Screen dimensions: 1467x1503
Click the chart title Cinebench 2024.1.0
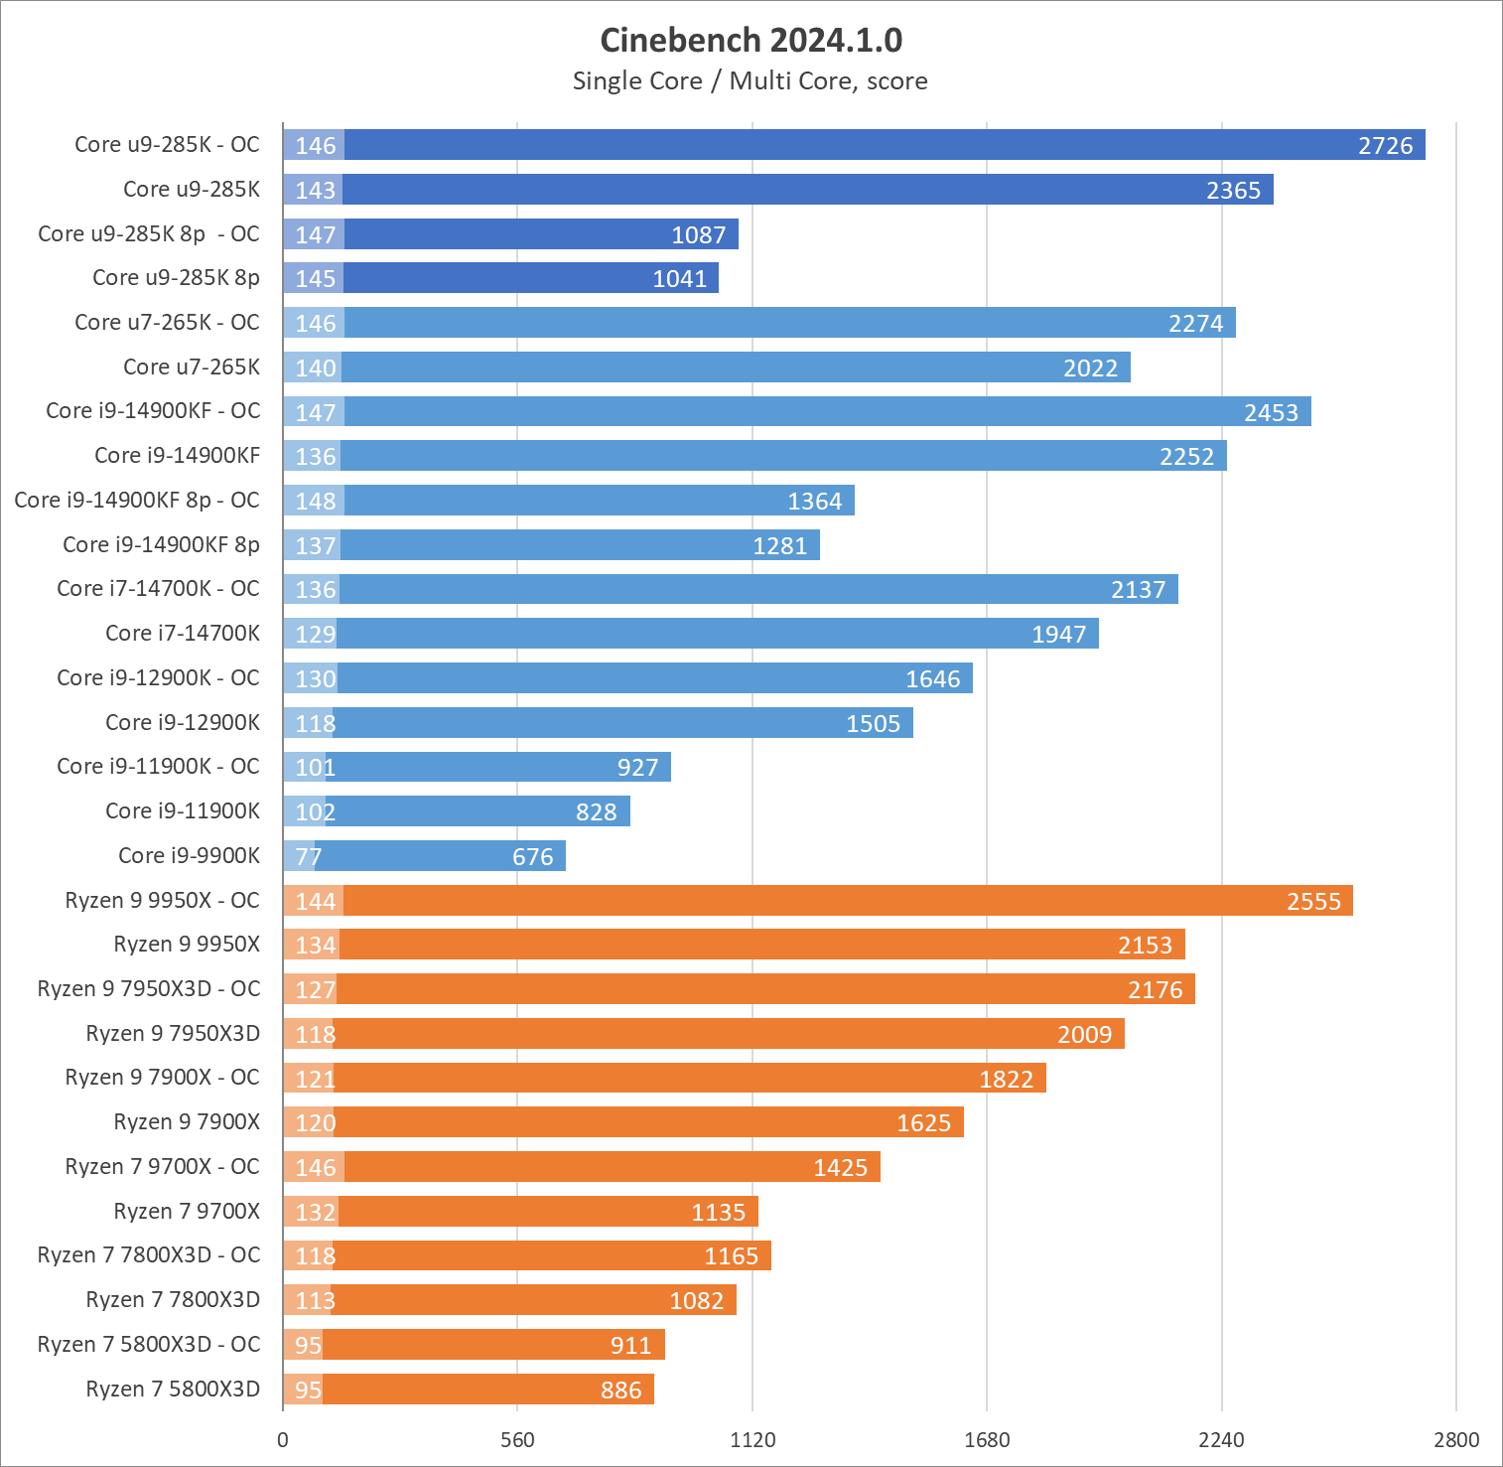pyautogui.click(x=751, y=41)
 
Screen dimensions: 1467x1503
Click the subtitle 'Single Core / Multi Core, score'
pyautogui.click(x=751, y=81)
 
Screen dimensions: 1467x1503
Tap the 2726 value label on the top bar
pyautogui.click(x=1385, y=146)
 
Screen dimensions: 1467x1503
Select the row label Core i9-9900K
pyautogui.click(x=189, y=856)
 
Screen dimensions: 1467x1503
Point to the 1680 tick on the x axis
pyautogui.click(x=987, y=1440)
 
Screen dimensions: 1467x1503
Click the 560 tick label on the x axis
pyautogui.click(x=517, y=1440)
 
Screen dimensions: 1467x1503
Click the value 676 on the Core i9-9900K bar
pyautogui.click(x=533, y=857)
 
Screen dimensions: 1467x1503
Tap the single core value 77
pyautogui.click(x=308, y=857)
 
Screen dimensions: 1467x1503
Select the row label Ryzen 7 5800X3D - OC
pyautogui.click(x=149, y=1345)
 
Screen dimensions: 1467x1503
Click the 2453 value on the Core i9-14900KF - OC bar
pyautogui.click(x=1271, y=412)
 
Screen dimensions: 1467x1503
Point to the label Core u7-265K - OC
pyautogui.click(x=167, y=323)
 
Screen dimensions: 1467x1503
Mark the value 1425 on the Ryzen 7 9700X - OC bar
pyautogui.click(x=840, y=1168)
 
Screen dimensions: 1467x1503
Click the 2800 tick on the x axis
pyautogui.click(x=1456, y=1440)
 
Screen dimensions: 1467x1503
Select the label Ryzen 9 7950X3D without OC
pyautogui.click(x=173, y=1034)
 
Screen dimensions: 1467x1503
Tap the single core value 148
pyautogui.click(x=316, y=502)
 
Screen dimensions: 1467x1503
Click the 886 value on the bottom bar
pyautogui.click(x=620, y=1391)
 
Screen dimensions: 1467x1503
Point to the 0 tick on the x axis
pyautogui.click(x=283, y=1440)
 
